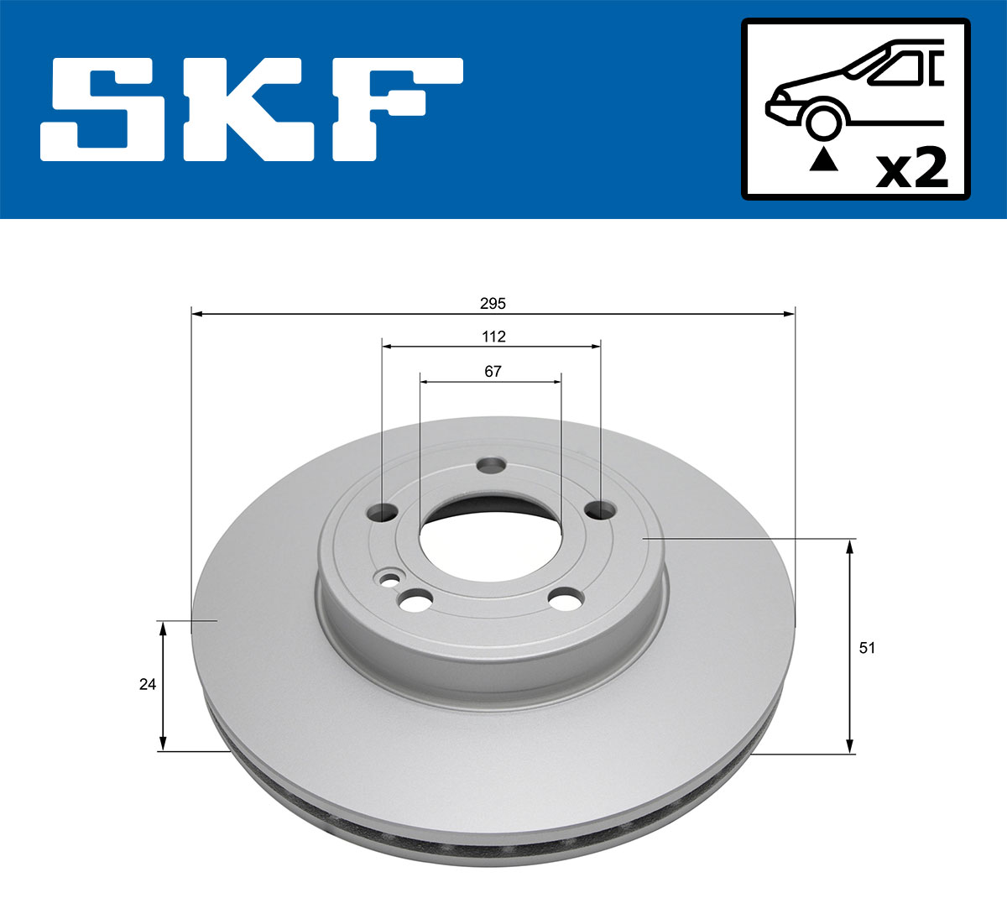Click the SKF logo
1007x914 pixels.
pos(252,109)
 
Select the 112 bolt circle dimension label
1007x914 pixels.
pos(493,337)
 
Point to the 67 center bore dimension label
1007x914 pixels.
pos(493,371)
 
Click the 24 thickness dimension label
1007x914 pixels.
pos(148,684)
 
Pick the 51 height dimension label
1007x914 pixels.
pos(867,647)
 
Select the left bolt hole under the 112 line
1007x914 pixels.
pos(383,511)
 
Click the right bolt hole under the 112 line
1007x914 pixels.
pos(599,509)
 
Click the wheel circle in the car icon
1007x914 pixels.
pos(823,120)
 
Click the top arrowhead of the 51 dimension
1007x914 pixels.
pos(850,546)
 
